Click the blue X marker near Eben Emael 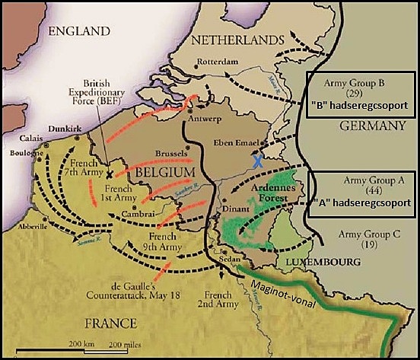259,161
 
